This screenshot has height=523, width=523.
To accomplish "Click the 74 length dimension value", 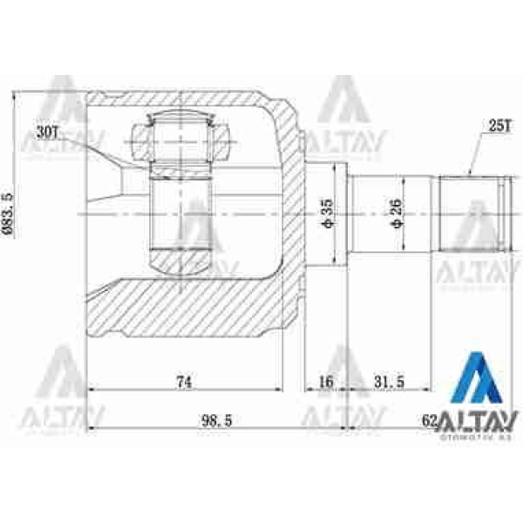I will pos(183,380).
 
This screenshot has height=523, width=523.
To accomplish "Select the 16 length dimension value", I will pos(326,380).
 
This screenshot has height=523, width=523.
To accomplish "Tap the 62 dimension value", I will pos(428,420).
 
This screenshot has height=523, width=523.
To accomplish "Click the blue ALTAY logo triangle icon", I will pos(481,378).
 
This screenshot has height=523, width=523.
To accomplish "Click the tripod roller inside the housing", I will pos(181,214).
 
